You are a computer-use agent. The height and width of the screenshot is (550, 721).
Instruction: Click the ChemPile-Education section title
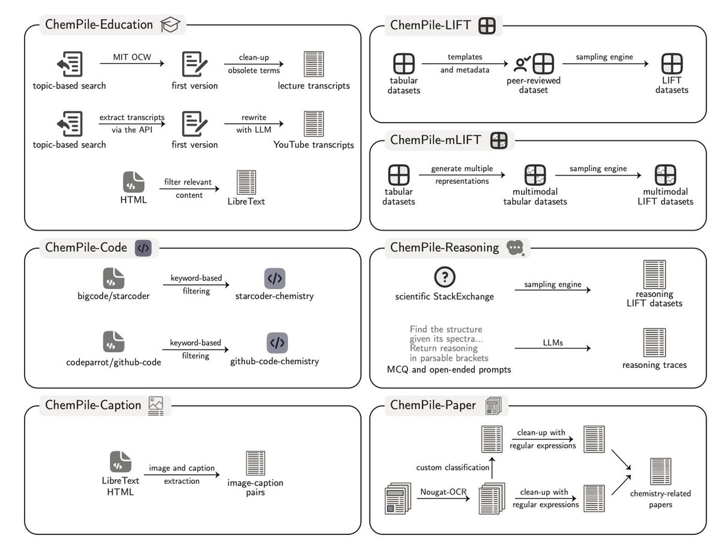tap(99, 25)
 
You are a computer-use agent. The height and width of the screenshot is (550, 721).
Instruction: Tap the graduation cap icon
tap(171, 25)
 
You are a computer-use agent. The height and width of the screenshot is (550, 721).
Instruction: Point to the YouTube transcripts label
tap(314, 145)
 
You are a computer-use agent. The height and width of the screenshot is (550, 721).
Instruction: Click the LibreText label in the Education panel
tap(246, 201)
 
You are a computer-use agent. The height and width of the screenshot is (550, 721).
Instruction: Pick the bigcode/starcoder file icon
tap(114, 279)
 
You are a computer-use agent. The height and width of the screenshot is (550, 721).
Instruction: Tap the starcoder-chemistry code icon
tap(275, 279)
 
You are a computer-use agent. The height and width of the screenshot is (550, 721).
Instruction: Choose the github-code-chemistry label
tap(275, 361)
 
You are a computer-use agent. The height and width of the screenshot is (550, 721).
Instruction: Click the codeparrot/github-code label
tap(114, 362)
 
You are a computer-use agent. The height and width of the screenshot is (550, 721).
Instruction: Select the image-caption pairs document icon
tap(255, 463)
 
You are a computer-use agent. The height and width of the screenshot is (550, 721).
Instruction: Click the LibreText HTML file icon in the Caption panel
tap(121, 462)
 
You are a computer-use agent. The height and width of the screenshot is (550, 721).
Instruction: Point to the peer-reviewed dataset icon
tap(535, 64)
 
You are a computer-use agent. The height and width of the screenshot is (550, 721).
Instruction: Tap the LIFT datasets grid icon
tap(672, 64)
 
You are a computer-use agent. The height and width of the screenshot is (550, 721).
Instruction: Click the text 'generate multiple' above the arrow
tap(460, 169)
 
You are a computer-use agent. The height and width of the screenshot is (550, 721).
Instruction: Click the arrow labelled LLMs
tap(553, 348)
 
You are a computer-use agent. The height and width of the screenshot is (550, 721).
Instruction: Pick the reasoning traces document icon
tap(654, 342)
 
